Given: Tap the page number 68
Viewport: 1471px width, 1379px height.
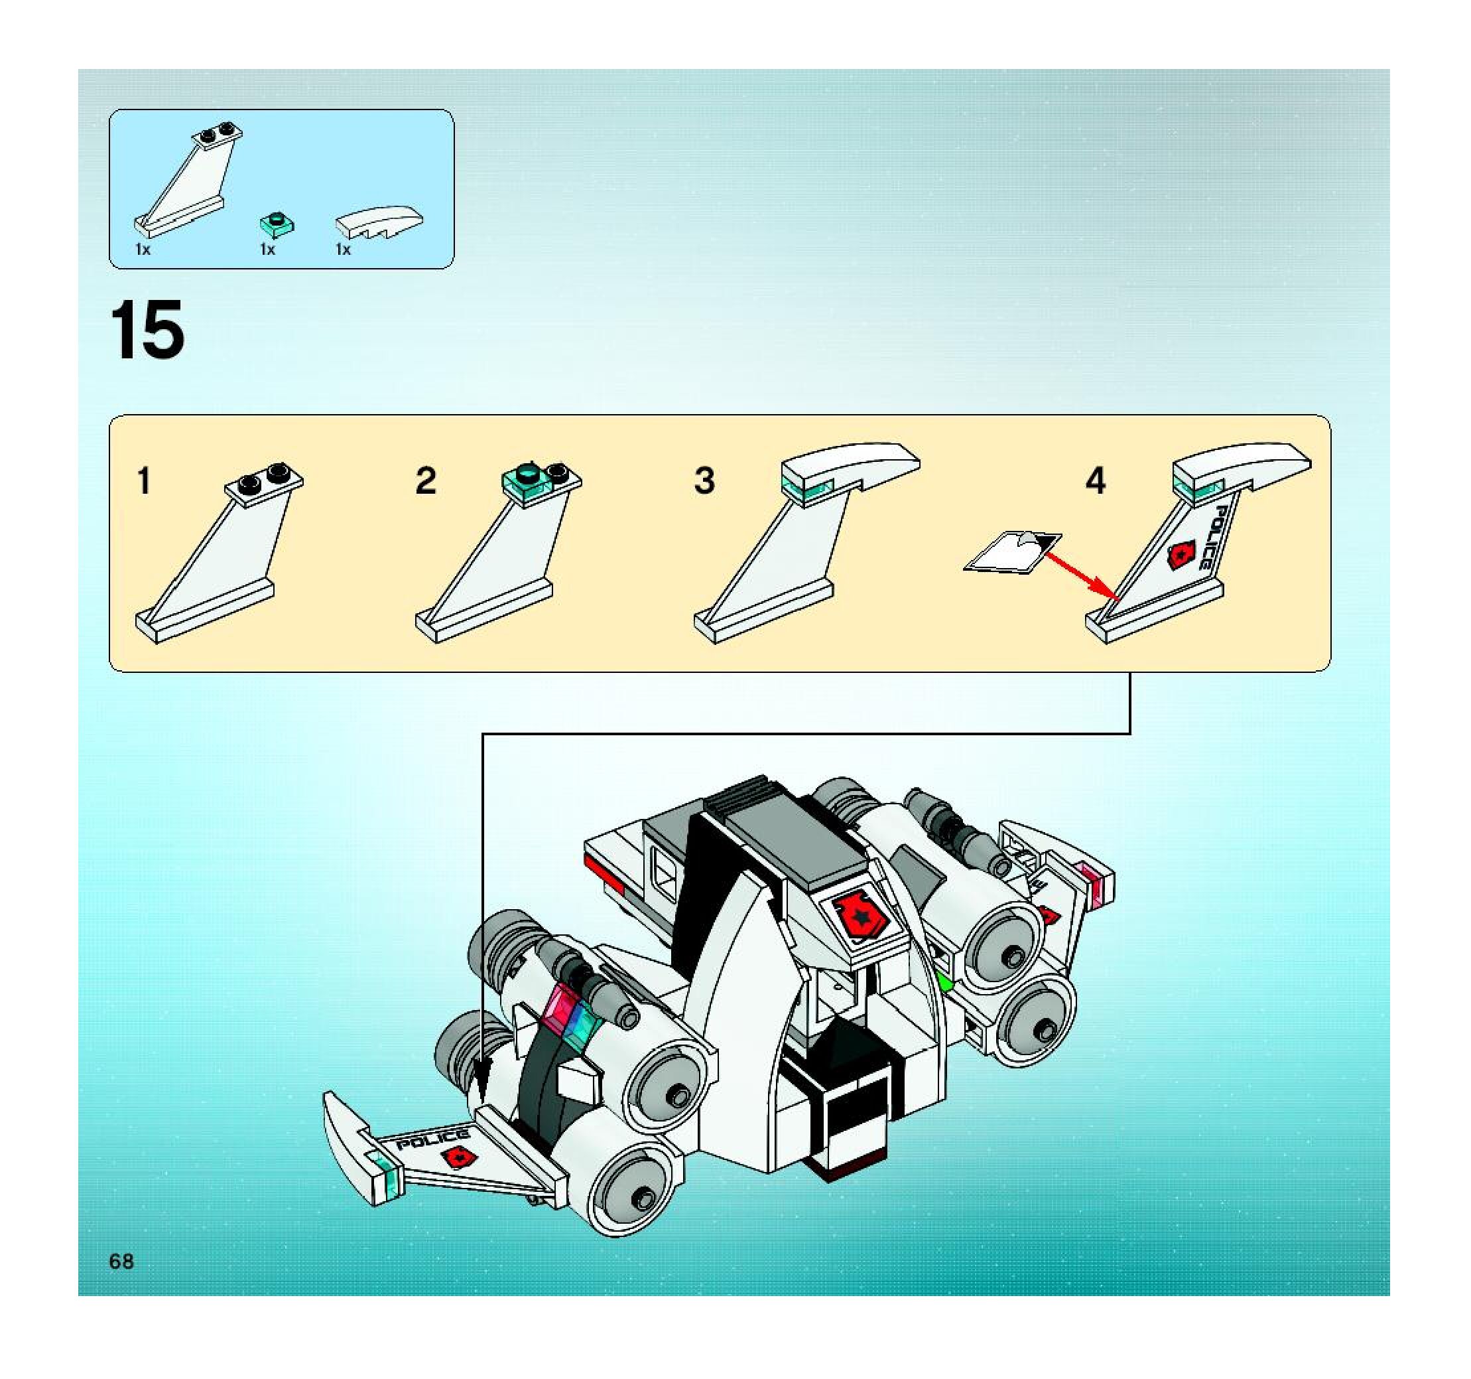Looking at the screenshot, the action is click(121, 1262).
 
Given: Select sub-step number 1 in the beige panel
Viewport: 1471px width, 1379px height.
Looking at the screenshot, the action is click(145, 480).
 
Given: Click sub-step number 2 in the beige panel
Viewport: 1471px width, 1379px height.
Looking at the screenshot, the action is click(426, 481).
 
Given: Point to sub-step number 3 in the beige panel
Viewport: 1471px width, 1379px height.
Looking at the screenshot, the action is click(704, 480).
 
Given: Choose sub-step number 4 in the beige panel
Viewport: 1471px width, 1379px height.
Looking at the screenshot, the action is click(1096, 480).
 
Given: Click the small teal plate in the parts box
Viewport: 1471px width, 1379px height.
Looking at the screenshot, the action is click(277, 224).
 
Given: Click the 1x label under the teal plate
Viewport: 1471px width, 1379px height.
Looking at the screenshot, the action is click(267, 250).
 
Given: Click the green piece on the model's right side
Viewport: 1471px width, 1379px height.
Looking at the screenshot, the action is click(944, 982).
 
